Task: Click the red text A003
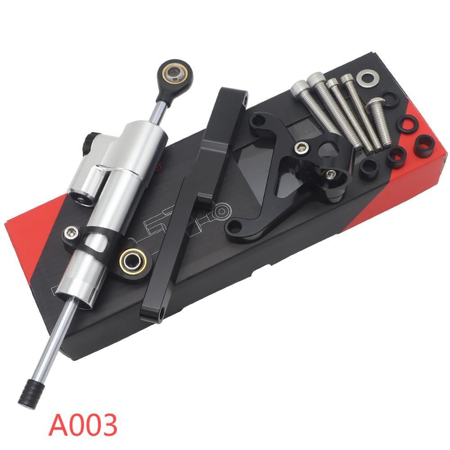(x=83, y=424)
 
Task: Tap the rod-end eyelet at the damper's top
(x=175, y=74)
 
